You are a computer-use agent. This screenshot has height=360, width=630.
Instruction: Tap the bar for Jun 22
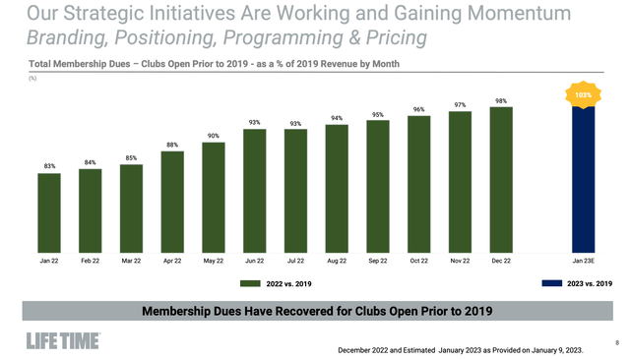255,191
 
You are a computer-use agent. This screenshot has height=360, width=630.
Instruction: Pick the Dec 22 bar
501,180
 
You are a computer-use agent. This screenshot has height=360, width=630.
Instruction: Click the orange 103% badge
583,95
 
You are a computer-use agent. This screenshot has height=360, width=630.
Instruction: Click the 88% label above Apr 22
172,145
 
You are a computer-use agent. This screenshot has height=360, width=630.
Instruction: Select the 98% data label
501,100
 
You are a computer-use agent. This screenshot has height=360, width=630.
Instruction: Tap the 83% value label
49,166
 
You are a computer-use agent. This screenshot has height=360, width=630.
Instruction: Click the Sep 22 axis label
378,261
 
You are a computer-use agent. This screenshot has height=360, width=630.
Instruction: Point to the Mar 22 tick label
131,261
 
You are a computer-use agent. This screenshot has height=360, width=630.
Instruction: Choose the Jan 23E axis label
584,261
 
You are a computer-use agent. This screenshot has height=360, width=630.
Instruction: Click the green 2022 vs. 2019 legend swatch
251,284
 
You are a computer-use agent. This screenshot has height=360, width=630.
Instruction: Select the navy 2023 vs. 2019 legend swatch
552,284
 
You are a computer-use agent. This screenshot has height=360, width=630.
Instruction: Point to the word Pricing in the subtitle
393,38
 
